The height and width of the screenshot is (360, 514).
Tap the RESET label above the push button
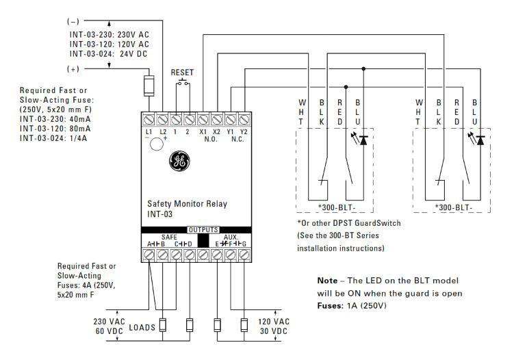(x=183, y=72)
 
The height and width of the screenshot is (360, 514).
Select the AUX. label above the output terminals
(x=230, y=236)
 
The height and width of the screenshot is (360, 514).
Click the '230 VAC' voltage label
(x=108, y=321)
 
